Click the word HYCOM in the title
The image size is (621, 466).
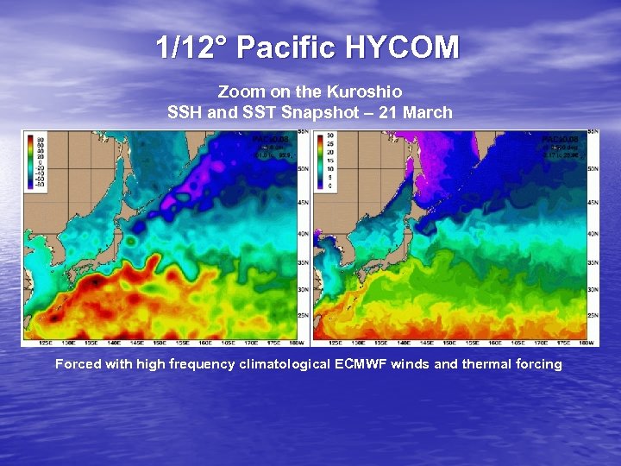pyautogui.click(x=402, y=47)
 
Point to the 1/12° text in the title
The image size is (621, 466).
pyautogui.click(x=192, y=47)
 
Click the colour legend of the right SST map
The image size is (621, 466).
pyautogui.click(x=326, y=161)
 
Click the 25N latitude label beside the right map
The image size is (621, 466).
pyautogui.click(x=593, y=317)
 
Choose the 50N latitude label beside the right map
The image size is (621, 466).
pyautogui.click(x=593, y=170)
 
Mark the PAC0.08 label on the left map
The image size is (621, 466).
pyautogui.click(x=267, y=138)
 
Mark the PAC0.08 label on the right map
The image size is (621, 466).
pyautogui.click(x=557, y=138)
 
